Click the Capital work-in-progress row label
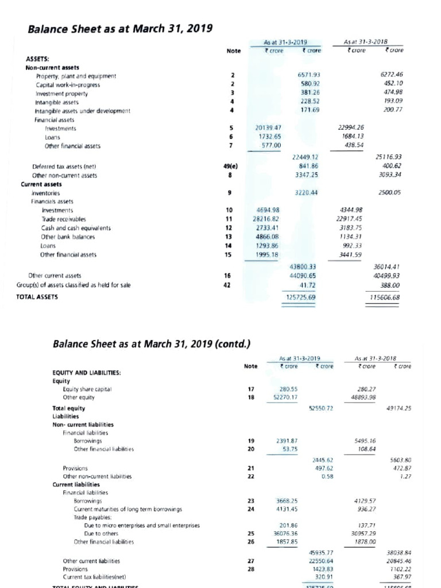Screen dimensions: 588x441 pos(65,84)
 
